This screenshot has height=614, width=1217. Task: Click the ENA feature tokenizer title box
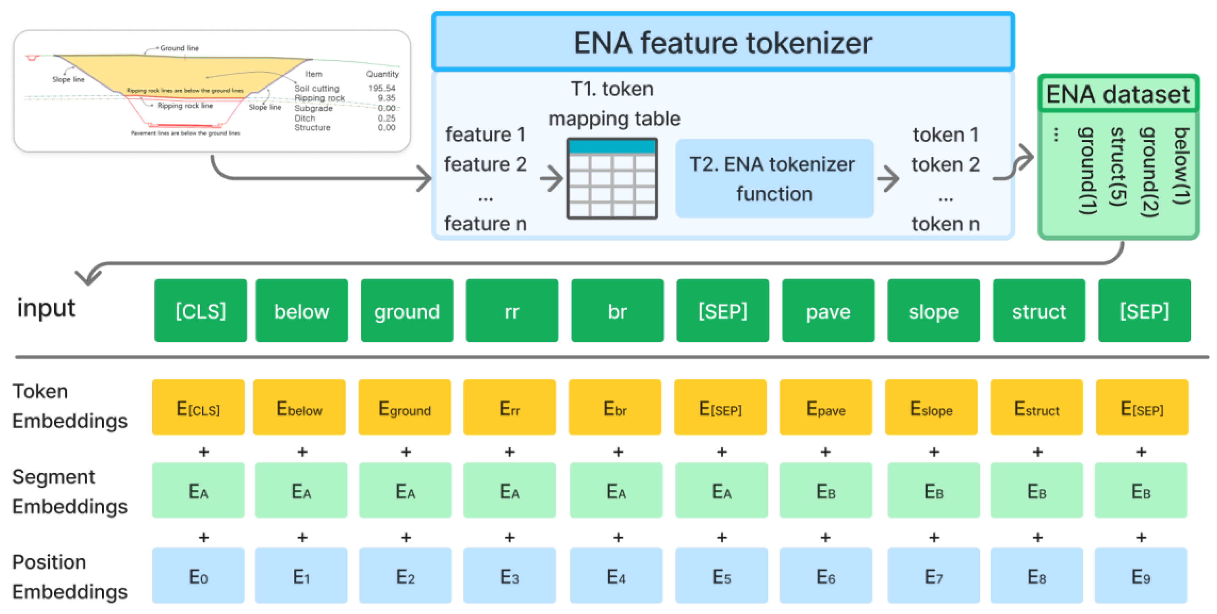723,43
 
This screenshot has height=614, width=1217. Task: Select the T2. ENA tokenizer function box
774,178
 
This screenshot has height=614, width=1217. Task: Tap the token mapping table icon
612,178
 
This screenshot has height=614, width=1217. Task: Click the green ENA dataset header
1118,94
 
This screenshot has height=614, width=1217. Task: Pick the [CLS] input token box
200,311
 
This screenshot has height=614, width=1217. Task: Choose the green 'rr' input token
512,311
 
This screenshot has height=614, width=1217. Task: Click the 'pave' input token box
828,311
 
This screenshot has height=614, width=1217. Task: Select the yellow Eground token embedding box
404,408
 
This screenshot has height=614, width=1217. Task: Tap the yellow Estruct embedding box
1036,408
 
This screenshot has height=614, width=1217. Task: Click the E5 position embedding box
721,576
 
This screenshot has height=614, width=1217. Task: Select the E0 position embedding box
198,576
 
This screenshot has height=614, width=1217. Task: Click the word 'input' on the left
46,308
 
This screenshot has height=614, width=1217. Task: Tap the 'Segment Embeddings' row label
70,491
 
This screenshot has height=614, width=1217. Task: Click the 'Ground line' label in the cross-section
179,48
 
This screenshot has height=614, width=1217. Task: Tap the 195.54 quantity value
382,88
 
